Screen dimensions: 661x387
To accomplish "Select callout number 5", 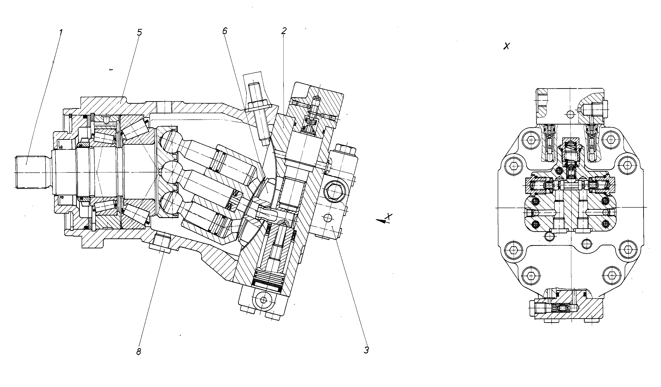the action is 139,33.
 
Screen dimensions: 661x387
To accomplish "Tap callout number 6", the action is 225,31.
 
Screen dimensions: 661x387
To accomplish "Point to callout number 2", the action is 284,31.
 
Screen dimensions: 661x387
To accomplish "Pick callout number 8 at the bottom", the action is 139,352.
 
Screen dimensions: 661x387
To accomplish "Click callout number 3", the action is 366,350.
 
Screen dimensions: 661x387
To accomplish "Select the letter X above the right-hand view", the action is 507,46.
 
